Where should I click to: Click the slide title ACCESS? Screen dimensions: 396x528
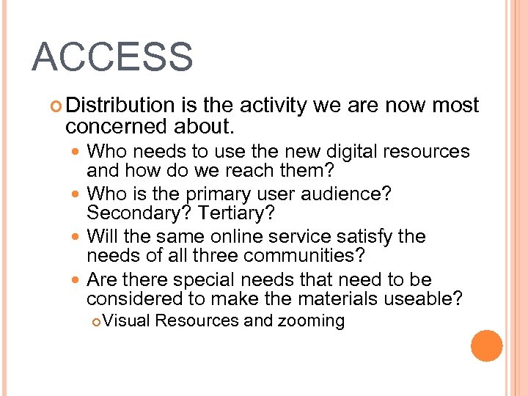coord(112,57)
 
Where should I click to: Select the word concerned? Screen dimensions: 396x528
coord(117,127)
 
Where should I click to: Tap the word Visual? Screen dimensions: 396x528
coord(128,321)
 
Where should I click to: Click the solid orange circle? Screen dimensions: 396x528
coord(486,346)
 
